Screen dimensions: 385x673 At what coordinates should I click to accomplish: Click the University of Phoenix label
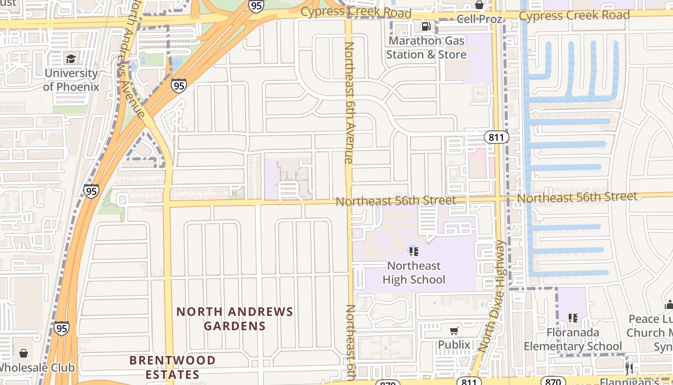click(x=71, y=80)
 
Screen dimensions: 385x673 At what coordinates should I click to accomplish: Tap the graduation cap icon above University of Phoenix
click(x=71, y=59)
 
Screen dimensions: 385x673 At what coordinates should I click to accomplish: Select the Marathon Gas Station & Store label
click(x=426, y=48)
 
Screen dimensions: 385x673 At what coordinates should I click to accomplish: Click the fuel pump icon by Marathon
click(x=426, y=26)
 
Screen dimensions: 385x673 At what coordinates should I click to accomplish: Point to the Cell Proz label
click(x=479, y=19)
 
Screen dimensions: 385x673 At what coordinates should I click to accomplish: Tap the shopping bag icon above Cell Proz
click(x=479, y=5)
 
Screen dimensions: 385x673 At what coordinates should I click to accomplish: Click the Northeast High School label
click(x=414, y=272)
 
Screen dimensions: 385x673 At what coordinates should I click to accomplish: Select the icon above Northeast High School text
click(x=414, y=251)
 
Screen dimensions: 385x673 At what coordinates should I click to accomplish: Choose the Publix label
click(x=454, y=345)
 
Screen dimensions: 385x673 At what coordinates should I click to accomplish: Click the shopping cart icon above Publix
click(x=454, y=331)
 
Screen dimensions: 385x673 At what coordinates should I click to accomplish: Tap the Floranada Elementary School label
click(x=573, y=339)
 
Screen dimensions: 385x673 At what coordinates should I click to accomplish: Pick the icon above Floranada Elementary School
click(x=573, y=318)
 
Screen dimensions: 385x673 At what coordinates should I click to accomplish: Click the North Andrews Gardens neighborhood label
click(x=235, y=319)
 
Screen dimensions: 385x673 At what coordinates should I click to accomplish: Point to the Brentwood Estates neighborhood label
click(x=173, y=367)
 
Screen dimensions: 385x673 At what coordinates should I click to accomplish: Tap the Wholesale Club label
click(x=37, y=368)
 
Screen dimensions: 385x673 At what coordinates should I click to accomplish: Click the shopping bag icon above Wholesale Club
click(x=24, y=354)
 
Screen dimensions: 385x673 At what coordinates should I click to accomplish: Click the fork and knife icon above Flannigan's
click(x=629, y=369)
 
